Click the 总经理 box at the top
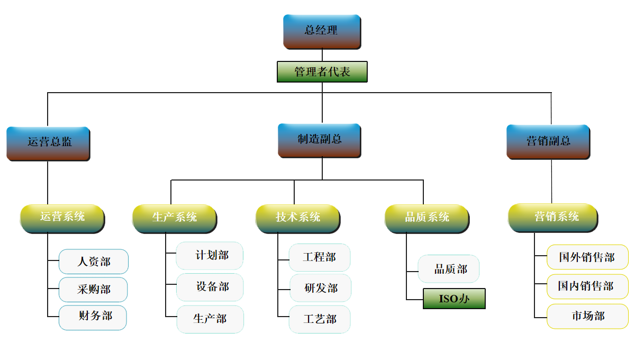(322, 31)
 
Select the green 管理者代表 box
(322, 72)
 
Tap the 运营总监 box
(48, 143)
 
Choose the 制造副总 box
(319, 140)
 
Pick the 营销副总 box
(548, 141)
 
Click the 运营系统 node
(62, 218)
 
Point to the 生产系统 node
(174, 218)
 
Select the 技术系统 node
(297, 218)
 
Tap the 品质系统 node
(427, 218)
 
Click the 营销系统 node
(552, 218)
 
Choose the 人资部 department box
(93, 262)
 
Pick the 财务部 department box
(93, 317)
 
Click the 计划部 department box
(210, 256)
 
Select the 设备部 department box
(210, 287)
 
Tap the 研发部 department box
(320, 288)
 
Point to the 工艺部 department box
(320, 319)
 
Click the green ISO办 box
(454, 299)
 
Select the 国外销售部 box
(587, 257)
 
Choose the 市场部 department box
(587, 316)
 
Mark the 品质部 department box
(449, 269)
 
